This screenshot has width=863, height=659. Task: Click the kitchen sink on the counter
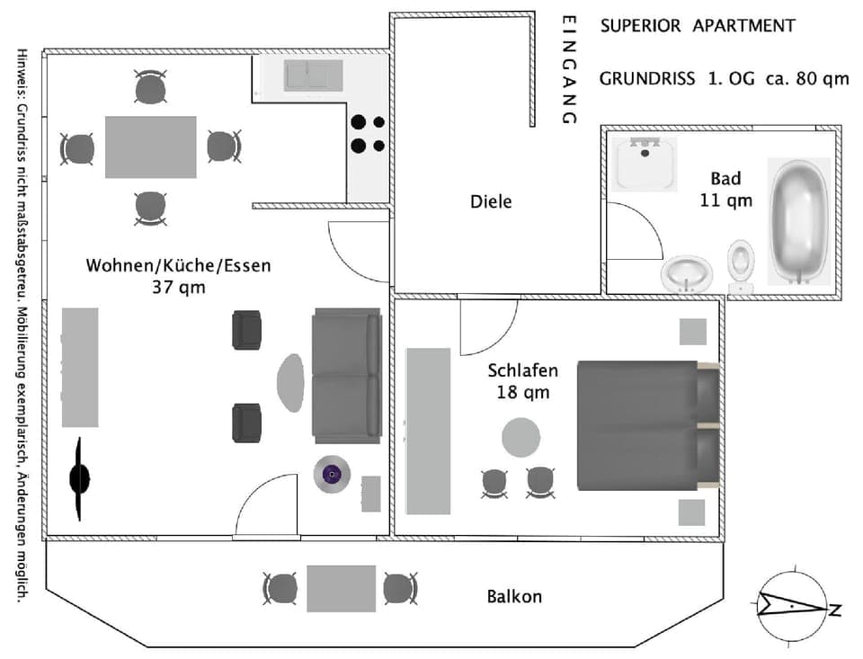tap(313, 76)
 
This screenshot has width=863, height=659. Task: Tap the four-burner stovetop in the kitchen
tap(367, 133)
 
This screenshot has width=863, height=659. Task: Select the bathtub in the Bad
tap(798, 221)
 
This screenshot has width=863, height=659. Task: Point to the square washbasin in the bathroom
tap(644, 163)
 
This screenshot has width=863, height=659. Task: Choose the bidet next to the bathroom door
tap(688, 273)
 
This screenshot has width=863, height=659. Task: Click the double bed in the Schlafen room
tap(646, 425)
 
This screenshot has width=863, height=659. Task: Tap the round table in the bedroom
tap(520, 438)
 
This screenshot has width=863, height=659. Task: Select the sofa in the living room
tap(347, 374)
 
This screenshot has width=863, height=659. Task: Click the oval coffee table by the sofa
tap(290, 382)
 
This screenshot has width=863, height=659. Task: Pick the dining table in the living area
tap(150, 147)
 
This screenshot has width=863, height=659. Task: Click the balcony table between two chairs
tap(341, 589)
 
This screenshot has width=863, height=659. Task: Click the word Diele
tap(491, 202)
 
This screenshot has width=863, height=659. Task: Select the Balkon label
tap(514, 596)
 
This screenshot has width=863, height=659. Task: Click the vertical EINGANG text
tap(567, 69)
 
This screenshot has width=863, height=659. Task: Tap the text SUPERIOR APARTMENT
tap(698, 25)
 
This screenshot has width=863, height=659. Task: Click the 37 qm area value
tap(179, 288)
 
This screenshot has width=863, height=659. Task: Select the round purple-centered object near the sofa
tap(331, 474)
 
